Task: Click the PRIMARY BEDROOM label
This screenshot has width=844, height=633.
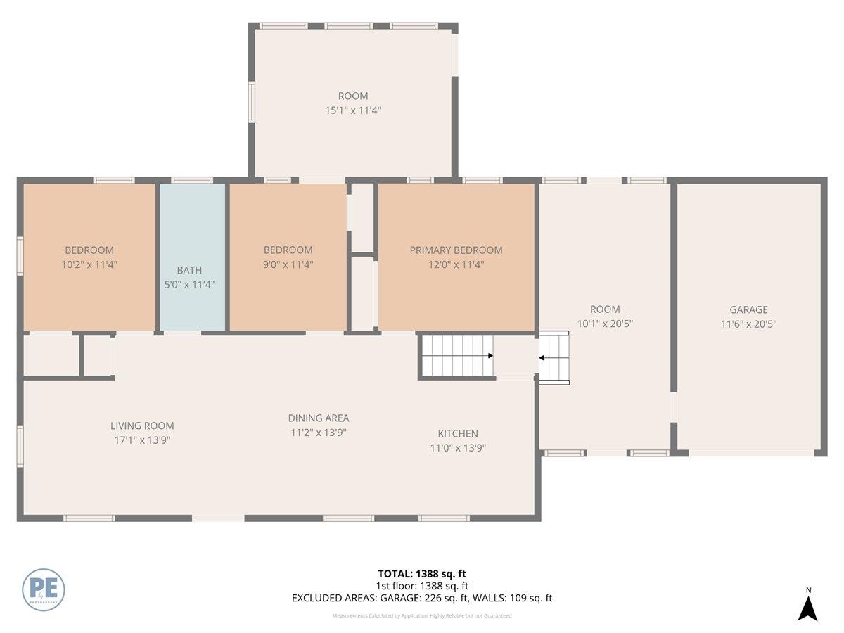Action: click(456, 250)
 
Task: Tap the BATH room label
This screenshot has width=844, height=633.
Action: click(189, 270)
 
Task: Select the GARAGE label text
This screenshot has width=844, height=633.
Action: click(748, 309)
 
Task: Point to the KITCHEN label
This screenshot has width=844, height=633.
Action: click(458, 434)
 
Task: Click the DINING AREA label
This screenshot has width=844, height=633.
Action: click(319, 418)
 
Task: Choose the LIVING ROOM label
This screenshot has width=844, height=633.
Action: click(142, 426)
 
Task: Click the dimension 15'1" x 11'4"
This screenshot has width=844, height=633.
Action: click(352, 110)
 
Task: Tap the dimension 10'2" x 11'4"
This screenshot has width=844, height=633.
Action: click(89, 264)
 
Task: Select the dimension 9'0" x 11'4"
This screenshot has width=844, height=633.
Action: click(288, 264)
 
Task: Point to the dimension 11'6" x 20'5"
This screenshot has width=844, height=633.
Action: click(748, 324)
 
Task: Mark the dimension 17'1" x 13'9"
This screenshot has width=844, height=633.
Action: click(142, 440)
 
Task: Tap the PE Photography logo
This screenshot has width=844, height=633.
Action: click(44, 589)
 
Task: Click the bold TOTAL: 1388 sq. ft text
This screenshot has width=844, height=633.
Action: click(422, 574)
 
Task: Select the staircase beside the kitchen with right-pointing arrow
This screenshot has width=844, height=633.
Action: click(456, 357)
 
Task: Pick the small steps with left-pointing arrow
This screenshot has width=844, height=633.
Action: click(554, 358)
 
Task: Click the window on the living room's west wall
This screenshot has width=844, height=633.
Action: click(20, 446)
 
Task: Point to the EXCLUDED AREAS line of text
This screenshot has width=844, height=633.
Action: click(422, 599)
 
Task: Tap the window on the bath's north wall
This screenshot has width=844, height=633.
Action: click(192, 180)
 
